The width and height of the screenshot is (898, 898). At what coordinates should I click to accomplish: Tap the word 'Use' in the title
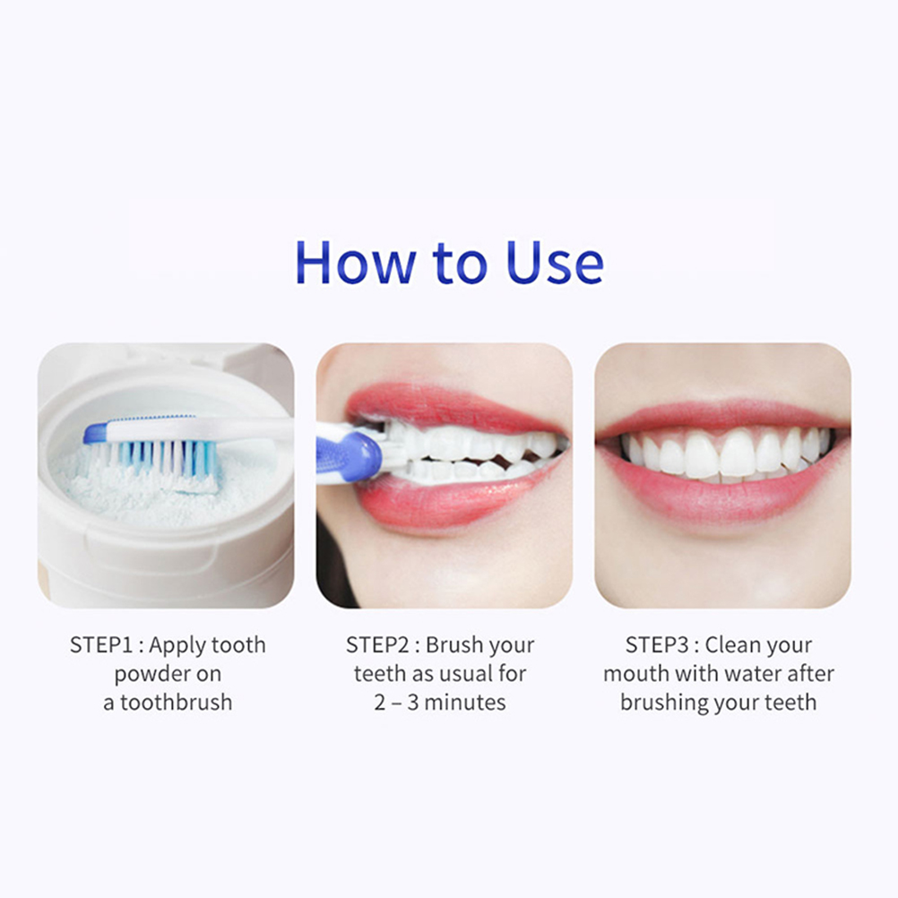click(555, 263)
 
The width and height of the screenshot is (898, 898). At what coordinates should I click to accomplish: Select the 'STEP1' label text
click(100, 645)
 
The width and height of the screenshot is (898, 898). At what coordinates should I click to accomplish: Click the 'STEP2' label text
click(377, 645)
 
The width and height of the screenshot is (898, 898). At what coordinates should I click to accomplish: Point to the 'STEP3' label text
click(657, 645)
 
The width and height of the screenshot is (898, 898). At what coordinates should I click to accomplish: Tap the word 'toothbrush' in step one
click(177, 702)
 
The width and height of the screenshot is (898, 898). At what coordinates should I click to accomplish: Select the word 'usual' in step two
click(463, 674)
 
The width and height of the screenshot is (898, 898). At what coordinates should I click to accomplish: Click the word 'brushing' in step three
click(662, 704)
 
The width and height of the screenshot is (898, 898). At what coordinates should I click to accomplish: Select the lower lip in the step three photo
click(722, 497)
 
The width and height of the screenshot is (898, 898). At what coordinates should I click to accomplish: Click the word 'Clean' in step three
click(729, 645)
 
